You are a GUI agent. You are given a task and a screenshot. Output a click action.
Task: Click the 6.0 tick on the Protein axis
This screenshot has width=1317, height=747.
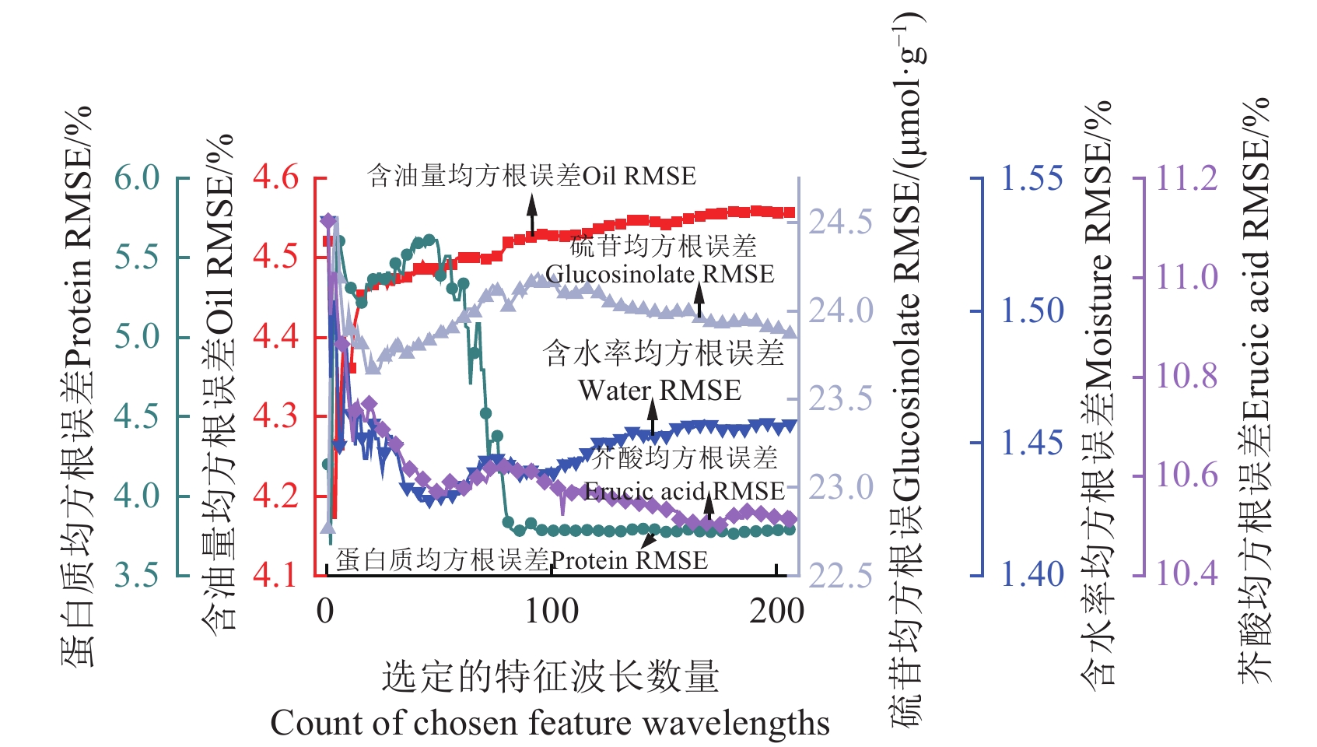click(x=137, y=178)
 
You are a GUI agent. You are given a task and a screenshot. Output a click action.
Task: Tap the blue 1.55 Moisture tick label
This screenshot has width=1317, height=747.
click(x=1032, y=178)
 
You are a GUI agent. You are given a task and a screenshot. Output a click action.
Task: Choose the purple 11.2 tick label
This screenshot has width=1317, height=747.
click(x=1187, y=178)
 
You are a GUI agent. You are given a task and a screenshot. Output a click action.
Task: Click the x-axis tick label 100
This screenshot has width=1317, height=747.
click(x=552, y=612)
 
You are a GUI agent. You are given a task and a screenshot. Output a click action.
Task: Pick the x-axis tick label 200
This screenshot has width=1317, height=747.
click(x=776, y=612)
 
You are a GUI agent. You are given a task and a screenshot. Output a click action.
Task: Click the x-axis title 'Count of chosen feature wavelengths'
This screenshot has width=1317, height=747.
click(x=550, y=723)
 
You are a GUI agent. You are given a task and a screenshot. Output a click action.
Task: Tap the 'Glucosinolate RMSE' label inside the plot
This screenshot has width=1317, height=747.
click(x=660, y=274)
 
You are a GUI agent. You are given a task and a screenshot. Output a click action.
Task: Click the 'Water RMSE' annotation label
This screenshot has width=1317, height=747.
click(x=660, y=390)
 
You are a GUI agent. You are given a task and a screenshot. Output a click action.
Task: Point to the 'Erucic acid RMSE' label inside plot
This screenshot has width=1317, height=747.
click(x=685, y=491)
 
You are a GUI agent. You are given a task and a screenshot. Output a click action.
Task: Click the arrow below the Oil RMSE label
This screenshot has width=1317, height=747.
click(x=532, y=214)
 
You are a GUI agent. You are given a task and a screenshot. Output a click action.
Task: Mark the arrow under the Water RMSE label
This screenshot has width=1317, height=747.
click(x=653, y=420)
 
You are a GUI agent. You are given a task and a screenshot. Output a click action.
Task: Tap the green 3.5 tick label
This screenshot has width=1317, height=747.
click(x=137, y=575)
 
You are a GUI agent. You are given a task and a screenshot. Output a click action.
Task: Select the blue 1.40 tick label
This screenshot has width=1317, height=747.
click(x=1032, y=575)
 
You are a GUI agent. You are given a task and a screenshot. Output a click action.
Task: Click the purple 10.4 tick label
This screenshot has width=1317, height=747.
click(x=1187, y=574)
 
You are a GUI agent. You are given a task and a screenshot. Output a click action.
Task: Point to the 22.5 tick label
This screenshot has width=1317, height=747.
click(x=841, y=577)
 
